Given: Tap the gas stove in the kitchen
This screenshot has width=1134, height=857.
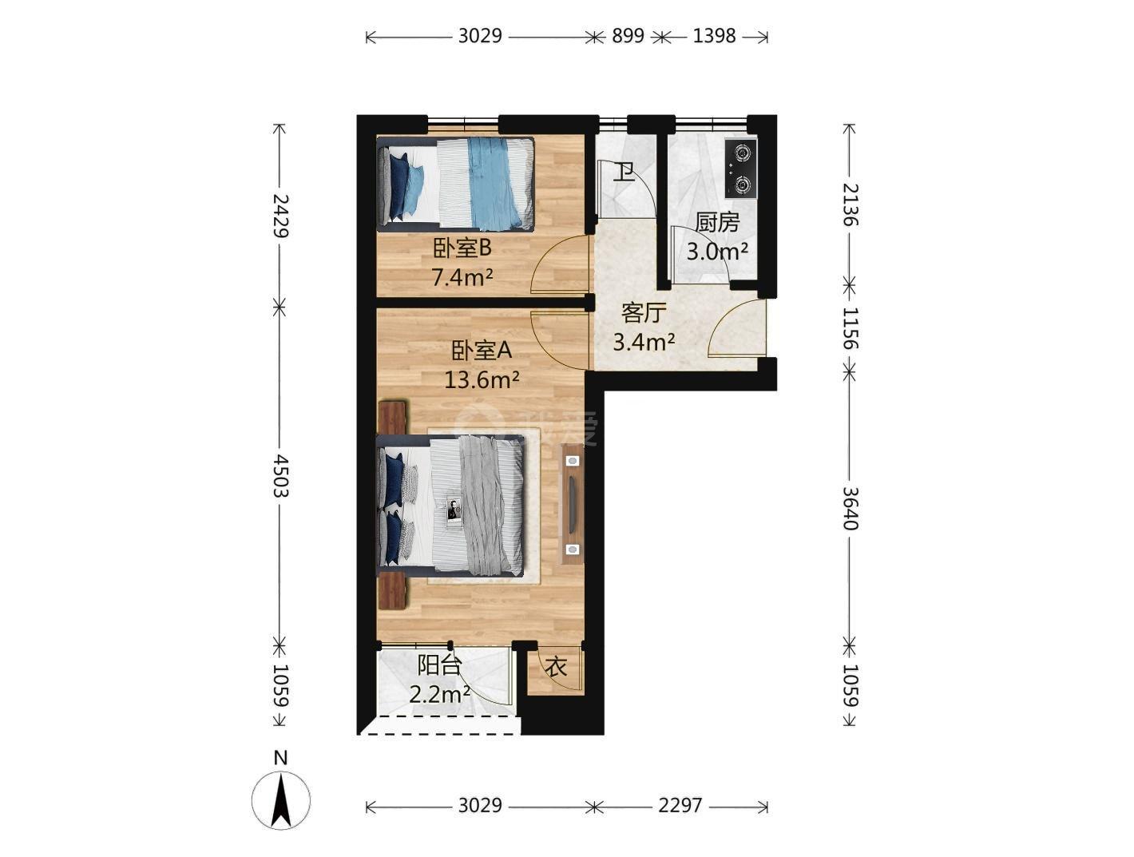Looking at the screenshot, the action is coord(742,168).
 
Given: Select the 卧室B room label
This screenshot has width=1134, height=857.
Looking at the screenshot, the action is coord(462,248).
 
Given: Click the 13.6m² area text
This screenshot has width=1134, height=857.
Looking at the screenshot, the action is coord(482,381).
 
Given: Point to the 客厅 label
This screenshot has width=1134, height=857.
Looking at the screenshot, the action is coord(644,312).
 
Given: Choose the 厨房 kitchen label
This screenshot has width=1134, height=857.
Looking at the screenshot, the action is coord(717,223).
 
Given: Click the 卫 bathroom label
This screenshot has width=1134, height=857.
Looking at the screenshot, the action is coord(624,173).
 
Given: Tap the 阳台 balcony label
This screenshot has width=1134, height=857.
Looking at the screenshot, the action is coord(439,665).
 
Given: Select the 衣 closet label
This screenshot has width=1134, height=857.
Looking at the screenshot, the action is coord(557,667).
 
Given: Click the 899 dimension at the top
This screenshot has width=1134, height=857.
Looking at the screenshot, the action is coord(628,36).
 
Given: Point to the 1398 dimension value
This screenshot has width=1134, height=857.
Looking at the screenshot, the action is coord(714,36).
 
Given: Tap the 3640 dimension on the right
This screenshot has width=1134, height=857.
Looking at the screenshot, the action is coord(850,508).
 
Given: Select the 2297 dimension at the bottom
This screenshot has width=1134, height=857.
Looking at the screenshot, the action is coord(680,805).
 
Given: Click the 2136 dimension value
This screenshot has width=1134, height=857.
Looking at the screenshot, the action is coord(850,204).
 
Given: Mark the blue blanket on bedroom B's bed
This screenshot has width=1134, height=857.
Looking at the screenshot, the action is coord(496,184).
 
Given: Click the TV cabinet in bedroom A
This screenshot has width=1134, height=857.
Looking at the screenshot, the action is coord(572,504).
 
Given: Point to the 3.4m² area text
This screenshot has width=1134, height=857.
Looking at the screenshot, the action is coord(644,342).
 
